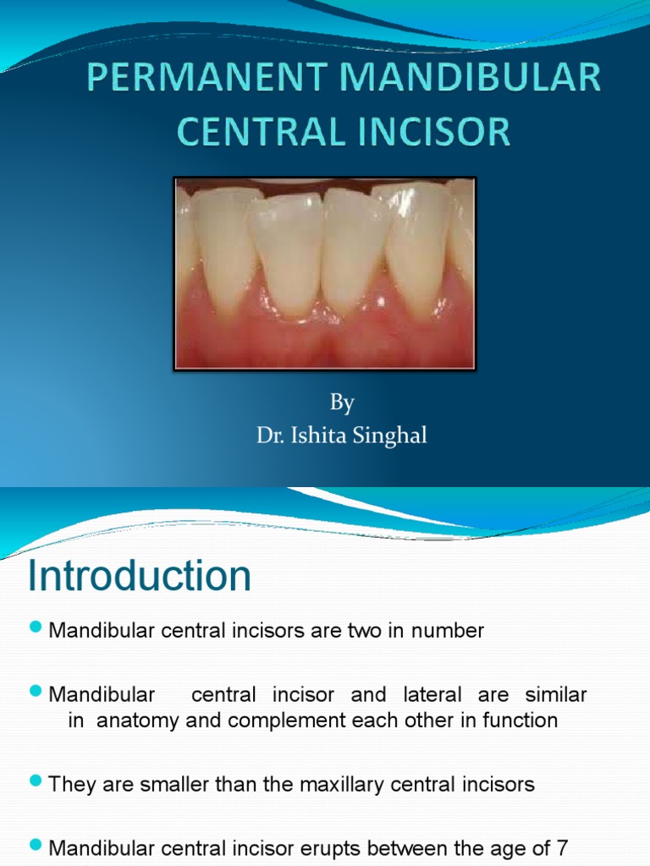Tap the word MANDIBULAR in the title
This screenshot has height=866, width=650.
(471, 77)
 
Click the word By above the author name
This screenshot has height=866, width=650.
(342, 403)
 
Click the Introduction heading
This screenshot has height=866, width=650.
(140, 575)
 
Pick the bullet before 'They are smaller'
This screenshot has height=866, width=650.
(36, 781)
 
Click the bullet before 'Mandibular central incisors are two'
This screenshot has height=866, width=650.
(36, 627)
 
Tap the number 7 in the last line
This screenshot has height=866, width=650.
(562, 847)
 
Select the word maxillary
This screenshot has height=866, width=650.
(345, 784)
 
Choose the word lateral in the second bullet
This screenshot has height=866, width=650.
(432, 694)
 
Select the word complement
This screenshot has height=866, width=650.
(287, 721)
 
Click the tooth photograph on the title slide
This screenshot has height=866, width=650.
(325, 274)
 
